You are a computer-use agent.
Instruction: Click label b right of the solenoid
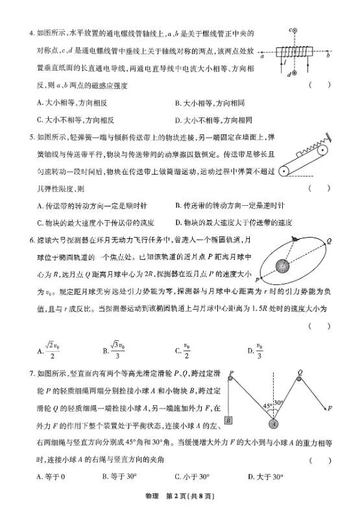[x=329, y=57]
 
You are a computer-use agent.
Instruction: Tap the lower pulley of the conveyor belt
[x=283, y=172]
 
